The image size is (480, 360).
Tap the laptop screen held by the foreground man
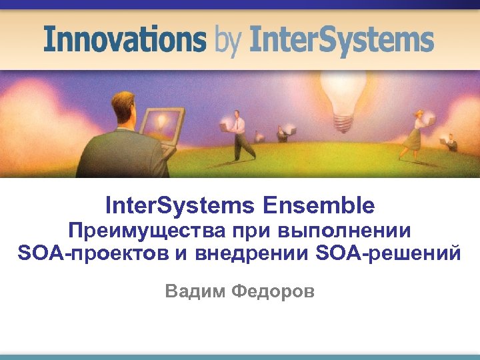(161, 123)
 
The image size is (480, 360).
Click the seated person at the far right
(451, 141)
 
